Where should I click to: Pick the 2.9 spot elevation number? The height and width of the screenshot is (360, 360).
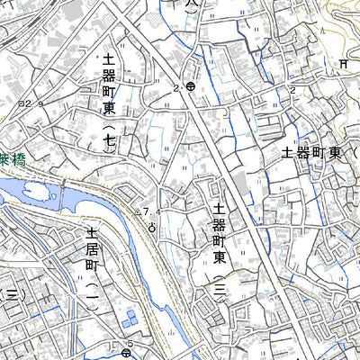coord(33,104)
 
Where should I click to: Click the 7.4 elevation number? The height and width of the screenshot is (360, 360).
coord(152,212)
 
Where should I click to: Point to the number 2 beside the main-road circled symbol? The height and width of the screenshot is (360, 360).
coord(177,87)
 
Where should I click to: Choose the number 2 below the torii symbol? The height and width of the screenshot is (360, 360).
coord(292,90)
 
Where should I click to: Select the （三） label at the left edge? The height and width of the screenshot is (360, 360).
coord(11,294)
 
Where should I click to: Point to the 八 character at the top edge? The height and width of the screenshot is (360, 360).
coord(188,4)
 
